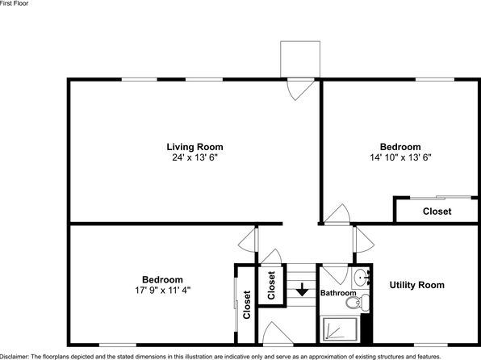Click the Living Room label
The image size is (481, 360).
click(x=194, y=147)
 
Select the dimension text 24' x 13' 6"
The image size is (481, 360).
click(x=194, y=157)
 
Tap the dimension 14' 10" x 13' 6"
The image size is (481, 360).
click(x=400, y=157)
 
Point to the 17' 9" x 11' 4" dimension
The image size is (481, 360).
click(x=162, y=290)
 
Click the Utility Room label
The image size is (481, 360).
click(x=417, y=285)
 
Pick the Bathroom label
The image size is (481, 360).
click(x=338, y=293)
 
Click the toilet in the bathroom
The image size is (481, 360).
click(x=358, y=302)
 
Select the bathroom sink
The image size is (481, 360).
click(x=361, y=278)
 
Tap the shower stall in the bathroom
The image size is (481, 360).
click(x=339, y=329)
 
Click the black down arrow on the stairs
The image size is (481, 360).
click(x=302, y=290)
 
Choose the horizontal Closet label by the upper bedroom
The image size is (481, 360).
click(x=437, y=211)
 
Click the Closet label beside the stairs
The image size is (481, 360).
click(x=271, y=285)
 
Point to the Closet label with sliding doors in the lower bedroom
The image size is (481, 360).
click(x=247, y=305)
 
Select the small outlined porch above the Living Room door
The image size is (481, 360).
click(x=300, y=59)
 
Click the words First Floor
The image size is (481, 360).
click(x=14, y=3)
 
